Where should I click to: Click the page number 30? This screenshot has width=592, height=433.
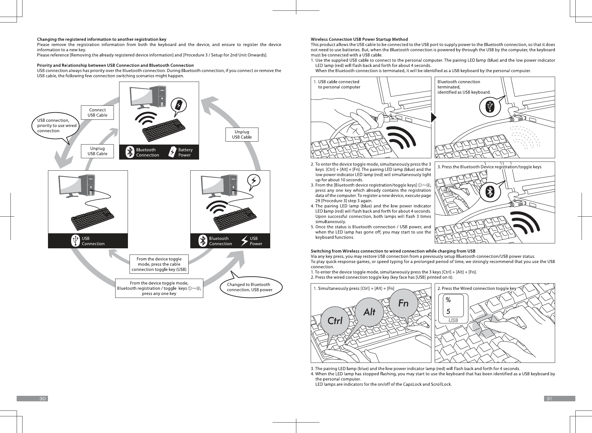point(42,398)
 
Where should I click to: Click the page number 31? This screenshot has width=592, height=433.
point(549,398)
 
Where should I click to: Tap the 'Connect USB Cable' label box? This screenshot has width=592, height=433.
point(97,113)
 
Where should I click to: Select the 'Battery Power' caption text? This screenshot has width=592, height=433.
point(185,152)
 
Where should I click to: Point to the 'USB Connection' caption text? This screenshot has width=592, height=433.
point(93,241)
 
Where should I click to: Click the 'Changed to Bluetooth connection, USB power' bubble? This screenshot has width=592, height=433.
point(249,287)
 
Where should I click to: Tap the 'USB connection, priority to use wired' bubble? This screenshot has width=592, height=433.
point(56,126)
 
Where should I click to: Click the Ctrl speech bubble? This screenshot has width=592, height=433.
point(335,321)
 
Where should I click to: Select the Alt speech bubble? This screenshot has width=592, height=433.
point(369,312)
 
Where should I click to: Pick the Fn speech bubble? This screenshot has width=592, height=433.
point(403,303)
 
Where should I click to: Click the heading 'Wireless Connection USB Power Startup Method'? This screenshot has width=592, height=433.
point(359,39)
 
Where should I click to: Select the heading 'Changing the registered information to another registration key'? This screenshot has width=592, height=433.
point(101,39)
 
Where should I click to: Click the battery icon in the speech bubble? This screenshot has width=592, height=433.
point(179,105)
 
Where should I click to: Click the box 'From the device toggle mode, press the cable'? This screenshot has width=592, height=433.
point(159,264)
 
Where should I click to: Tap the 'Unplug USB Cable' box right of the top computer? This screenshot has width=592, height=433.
point(242,134)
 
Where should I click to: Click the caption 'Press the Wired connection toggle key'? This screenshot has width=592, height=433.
point(476,288)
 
